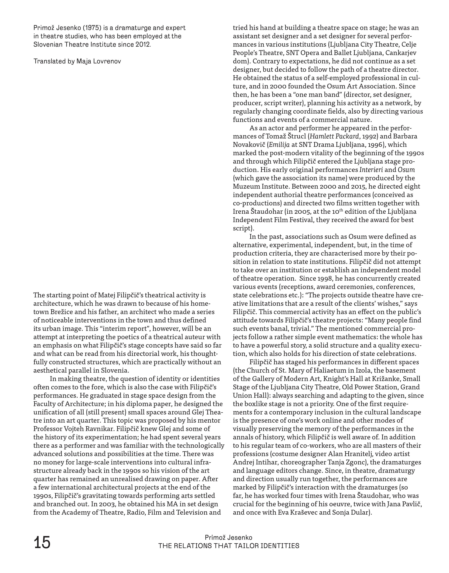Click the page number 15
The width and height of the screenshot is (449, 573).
coord(42,543)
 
